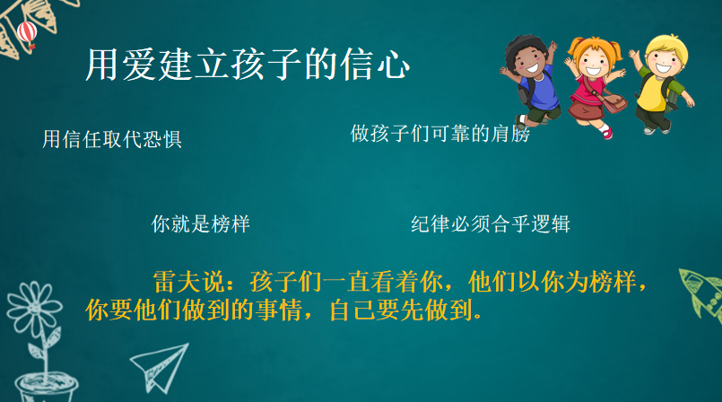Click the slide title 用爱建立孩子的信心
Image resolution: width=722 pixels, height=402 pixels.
pos(248,65)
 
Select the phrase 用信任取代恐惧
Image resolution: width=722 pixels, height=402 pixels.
pos(112,139)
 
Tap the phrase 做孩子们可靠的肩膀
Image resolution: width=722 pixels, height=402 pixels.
pos(439,134)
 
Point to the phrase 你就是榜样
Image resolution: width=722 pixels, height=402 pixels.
pos(200,223)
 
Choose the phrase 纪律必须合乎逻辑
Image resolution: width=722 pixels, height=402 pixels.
pos(491,223)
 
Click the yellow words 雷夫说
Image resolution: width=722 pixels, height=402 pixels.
pos(188,282)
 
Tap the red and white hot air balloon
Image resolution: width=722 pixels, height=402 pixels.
pos(27,34)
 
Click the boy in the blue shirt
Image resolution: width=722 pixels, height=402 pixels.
pos(530,81)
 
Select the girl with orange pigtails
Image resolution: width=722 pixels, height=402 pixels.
pos(596,85)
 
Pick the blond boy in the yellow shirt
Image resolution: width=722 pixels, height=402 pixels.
pos(661,83)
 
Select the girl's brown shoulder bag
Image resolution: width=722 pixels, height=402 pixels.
pos(613,102)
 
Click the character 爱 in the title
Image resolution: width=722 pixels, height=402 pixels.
pos(139,65)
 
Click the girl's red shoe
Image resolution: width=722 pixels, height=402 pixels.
pos(607,133)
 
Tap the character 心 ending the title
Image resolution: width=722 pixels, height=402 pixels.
pos(393,65)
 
